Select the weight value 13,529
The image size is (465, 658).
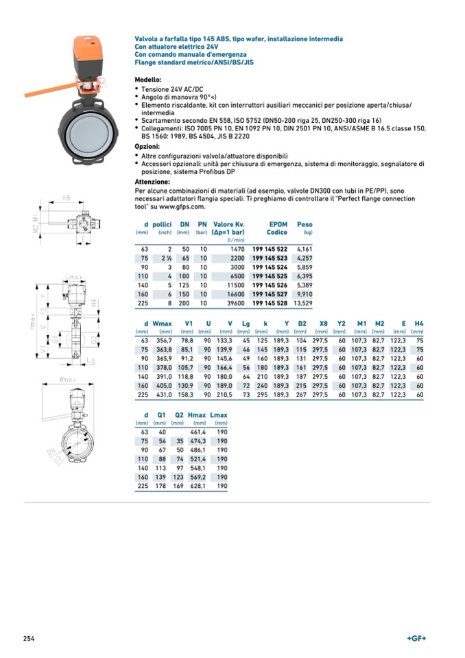(302, 303)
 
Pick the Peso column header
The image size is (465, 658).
(305, 224)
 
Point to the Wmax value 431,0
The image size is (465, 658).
(162, 395)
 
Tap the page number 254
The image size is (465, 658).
(29, 638)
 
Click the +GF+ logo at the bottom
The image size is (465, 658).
(416, 638)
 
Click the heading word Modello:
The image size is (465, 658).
(148, 80)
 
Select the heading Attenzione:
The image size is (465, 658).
(152, 182)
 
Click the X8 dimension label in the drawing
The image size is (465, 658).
(66, 198)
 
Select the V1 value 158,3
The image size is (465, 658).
(185, 395)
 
